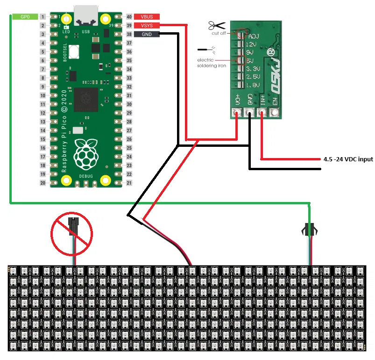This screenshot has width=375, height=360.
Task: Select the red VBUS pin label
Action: [147, 16]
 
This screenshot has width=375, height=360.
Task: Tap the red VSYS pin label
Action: [147, 25]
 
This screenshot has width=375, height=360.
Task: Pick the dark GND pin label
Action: [147, 34]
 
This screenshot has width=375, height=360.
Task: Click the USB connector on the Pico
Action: [85, 16]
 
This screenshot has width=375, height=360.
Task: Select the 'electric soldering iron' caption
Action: [212, 63]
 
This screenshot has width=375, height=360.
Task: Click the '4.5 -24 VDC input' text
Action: [348, 159]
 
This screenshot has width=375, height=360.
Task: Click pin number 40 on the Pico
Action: [129, 17]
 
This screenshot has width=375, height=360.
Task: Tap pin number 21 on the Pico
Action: [129, 183]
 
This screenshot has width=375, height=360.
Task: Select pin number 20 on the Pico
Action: [43, 183]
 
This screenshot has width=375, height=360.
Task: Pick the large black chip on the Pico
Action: [85, 99]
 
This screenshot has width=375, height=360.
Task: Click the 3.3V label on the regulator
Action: [253, 68]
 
